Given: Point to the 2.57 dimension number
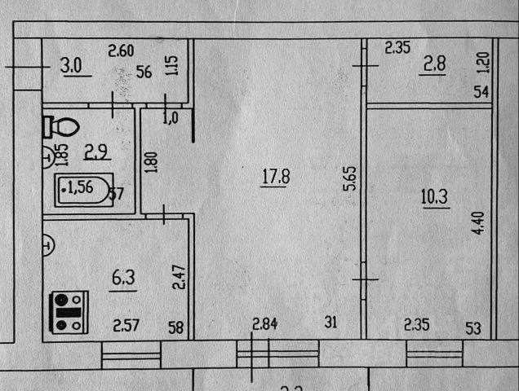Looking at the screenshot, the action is pyautogui.click(x=126, y=327).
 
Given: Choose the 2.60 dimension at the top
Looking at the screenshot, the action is pyautogui.click(x=121, y=52).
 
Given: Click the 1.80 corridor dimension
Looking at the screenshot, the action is pyautogui.click(x=150, y=158).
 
